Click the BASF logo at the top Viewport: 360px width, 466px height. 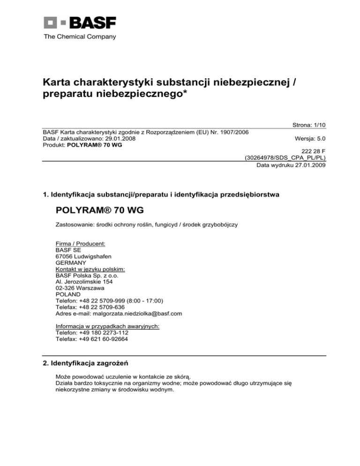[80, 23]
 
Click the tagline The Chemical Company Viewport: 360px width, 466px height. [80, 37]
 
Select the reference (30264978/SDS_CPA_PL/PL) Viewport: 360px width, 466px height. [285, 158]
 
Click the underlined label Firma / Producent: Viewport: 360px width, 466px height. [80, 244]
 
